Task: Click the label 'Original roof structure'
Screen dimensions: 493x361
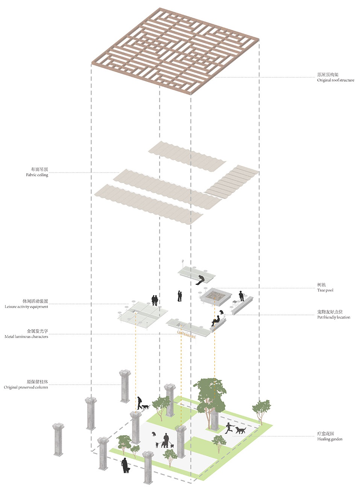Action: coord(335,80)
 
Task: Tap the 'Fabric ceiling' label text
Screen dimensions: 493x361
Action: coord(37,175)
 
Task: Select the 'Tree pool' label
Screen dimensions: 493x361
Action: coord(325,290)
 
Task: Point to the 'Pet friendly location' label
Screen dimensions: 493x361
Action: coord(334,317)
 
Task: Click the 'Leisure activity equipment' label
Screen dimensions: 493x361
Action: coord(26,307)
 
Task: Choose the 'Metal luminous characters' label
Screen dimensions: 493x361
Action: coord(26,337)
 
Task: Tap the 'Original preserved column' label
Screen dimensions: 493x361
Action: coord(26,387)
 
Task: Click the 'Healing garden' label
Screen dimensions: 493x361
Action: coord(329,439)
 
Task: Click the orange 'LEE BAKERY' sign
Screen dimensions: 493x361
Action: coord(187,334)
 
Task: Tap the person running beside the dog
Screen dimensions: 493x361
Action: coord(228,428)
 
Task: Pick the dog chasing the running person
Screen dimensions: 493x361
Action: coord(240,429)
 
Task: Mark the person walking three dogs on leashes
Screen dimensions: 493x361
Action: coord(165,440)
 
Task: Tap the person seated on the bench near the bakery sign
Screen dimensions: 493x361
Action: coord(216,321)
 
